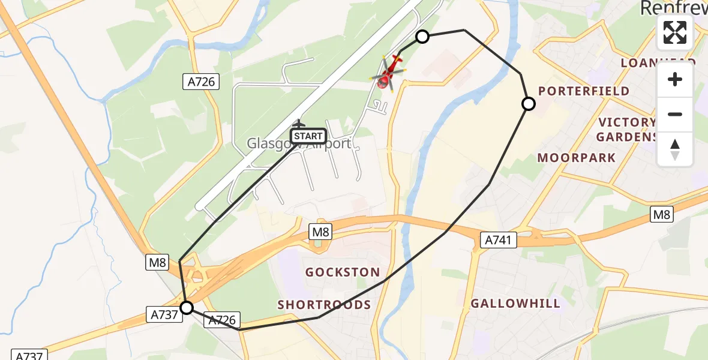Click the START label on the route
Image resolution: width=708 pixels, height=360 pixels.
point(308,136)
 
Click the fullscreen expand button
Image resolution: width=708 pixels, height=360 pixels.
point(675,32)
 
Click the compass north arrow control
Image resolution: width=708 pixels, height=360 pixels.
point(675,149)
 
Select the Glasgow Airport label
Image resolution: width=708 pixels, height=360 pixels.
point(299,144)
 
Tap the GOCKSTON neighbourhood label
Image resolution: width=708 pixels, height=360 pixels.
point(343,272)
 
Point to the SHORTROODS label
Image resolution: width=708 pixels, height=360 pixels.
point(324,305)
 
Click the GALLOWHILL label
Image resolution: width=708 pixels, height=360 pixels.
point(515,303)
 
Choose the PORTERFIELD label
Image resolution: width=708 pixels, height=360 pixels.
point(584,91)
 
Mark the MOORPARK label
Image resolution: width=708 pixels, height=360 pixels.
point(576,158)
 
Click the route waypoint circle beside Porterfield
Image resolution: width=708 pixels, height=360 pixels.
point(529,104)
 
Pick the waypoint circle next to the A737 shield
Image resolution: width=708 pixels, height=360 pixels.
point(187,308)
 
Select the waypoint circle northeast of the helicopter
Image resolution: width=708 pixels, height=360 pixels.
point(422,37)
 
